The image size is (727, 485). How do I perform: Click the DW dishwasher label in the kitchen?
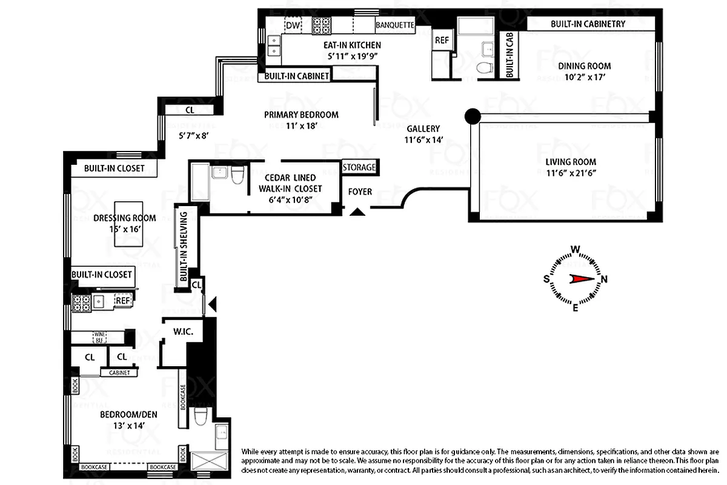coord(293,25)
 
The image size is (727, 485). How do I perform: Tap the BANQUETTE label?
coord(394,25)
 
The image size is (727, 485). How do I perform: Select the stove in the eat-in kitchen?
coord(322,25)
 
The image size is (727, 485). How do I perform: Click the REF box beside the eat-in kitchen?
coord(441,41)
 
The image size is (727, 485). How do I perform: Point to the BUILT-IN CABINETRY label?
coord(588,24)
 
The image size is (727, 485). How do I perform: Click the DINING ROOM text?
coord(584,66)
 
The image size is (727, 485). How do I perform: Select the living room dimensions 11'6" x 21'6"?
coord(571,173)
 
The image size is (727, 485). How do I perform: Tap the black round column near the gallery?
coord(472,116)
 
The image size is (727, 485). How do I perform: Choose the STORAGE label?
coord(359,167)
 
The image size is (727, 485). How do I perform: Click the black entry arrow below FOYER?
coord(358,212)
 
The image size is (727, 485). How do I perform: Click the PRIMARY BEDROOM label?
coord(301,115)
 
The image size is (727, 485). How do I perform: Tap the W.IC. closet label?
coord(182,332)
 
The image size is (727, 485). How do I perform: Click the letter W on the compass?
coord(576,249)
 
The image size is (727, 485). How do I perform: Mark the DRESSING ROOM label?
coord(124,218)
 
